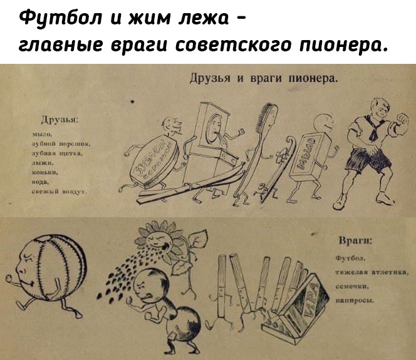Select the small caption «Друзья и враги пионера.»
click(264, 79)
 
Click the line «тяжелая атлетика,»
click(373, 272)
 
